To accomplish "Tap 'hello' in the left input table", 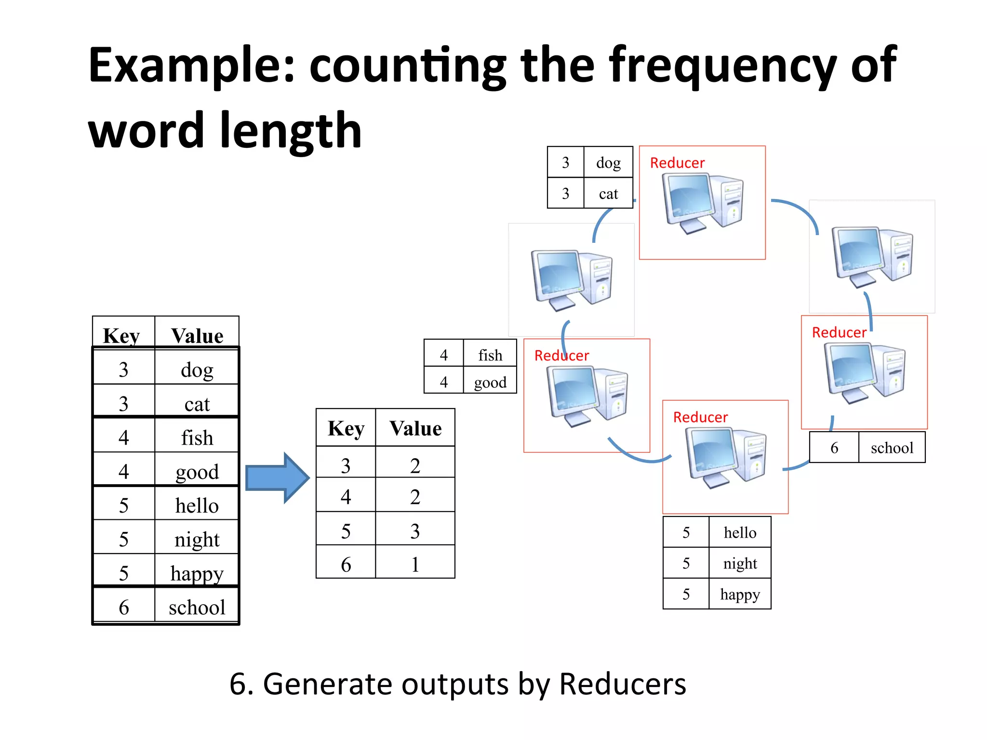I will [197, 505].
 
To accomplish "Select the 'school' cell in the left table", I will [197, 607].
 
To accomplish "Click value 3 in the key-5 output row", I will [415, 531].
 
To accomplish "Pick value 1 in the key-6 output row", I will [415, 564].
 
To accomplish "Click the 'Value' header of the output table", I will [415, 428].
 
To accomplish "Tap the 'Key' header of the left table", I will [121, 335].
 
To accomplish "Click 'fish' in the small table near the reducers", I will [490, 355].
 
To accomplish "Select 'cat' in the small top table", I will [608, 194].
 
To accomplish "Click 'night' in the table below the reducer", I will [740, 563].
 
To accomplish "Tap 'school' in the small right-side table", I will [892, 448].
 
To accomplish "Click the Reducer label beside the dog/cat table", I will [677, 163].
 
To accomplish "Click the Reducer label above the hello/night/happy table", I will [700, 417].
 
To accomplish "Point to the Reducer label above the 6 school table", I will [839, 332].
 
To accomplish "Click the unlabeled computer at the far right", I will [872, 255].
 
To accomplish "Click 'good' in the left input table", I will [197, 472].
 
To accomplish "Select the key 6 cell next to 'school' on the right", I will [834, 448].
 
